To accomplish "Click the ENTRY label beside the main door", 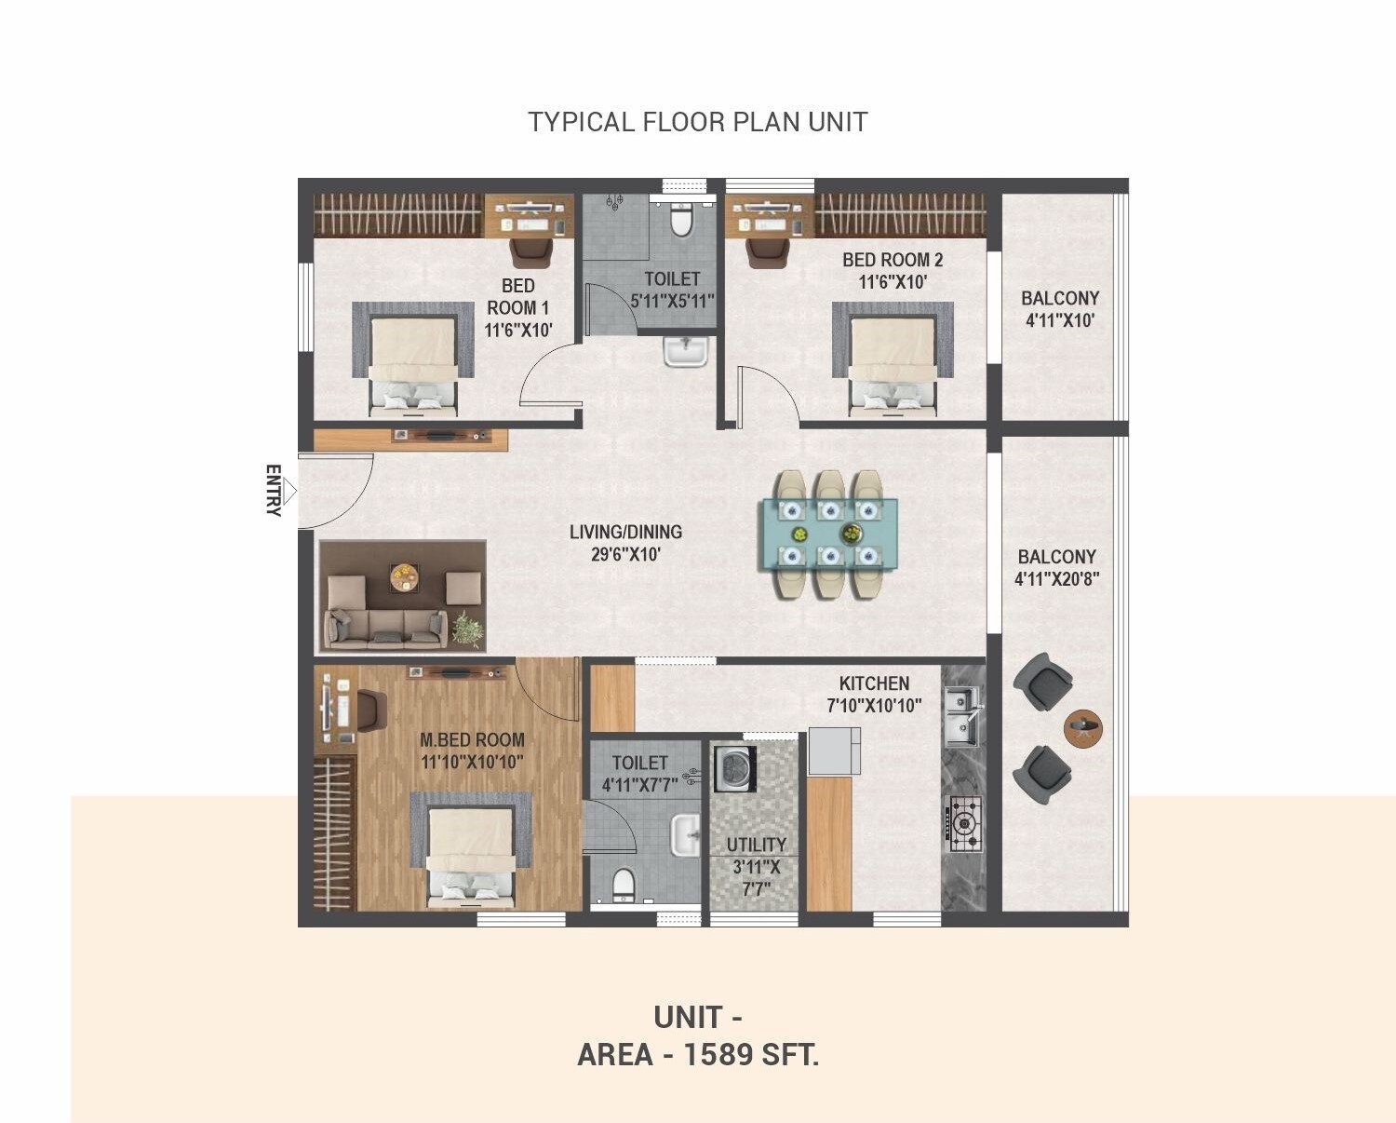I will pos(273,490).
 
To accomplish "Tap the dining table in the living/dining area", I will pos(829,534).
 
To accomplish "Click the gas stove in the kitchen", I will pos(964,823).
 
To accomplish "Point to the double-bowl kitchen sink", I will pos(962,715).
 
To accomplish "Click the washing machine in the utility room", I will pos(734,769).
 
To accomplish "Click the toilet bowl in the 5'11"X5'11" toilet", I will pos(681,221).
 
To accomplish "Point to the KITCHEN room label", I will pos(874,683).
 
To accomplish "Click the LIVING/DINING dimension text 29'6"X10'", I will pos(625,555).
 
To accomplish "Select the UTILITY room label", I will pos(756,845).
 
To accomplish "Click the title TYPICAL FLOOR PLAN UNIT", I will pos(698,122).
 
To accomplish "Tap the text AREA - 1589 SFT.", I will pos(698,1055).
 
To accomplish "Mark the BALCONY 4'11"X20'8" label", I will pos(1056,567).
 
